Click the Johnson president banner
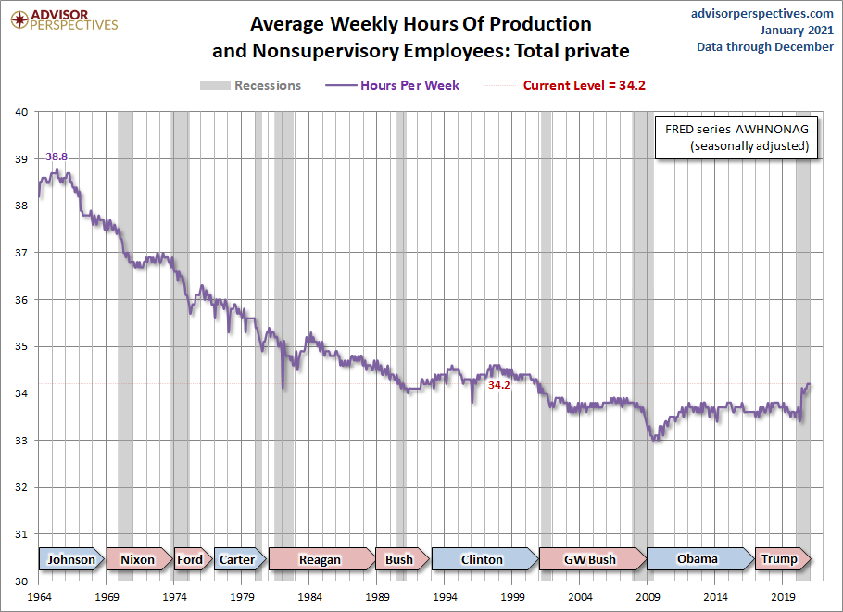pyautogui.click(x=71, y=559)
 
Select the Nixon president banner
pyautogui.click(x=138, y=559)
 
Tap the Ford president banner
pyautogui.click(x=189, y=559)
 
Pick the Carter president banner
pyautogui.click(x=237, y=559)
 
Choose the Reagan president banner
pyautogui.click(x=320, y=559)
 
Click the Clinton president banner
pyautogui.click(x=482, y=559)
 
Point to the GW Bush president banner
pyautogui.click(x=589, y=559)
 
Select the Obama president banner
pyautogui.click(x=698, y=559)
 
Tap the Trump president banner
pyautogui.click(x=779, y=559)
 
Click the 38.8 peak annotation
pyautogui.click(x=57, y=157)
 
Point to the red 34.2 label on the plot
pyautogui.click(x=499, y=384)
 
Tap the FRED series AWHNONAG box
pyautogui.click(x=736, y=137)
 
